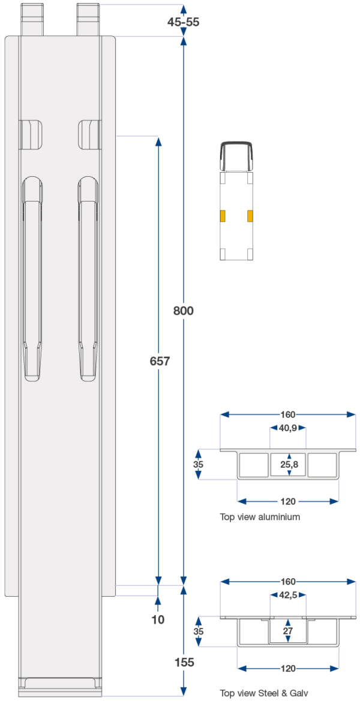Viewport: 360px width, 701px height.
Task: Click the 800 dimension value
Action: click(x=184, y=311)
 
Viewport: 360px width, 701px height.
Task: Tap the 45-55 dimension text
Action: click(x=183, y=22)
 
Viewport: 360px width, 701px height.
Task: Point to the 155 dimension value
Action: click(x=184, y=662)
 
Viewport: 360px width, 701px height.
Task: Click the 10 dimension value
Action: click(x=158, y=619)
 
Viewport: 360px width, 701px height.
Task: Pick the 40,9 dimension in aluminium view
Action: click(x=288, y=428)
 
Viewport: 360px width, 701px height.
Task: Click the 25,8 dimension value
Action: click(x=289, y=464)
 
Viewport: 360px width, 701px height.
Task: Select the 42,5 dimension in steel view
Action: click(x=288, y=595)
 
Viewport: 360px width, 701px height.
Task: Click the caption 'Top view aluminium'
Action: click(x=260, y=516)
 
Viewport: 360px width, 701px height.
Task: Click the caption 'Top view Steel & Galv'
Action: click(x=264, y=693)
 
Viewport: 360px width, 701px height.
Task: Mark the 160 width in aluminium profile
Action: click(x=288, y=414)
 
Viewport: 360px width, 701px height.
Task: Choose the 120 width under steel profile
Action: click(x=288, y=668)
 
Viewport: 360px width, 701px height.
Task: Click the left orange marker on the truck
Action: click(x=222, y=216)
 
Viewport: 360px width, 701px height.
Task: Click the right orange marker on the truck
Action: click(x=250, y=216)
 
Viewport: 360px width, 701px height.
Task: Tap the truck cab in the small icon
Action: click(x=236, y=157)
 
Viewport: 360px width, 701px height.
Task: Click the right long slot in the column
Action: click(x=88, y=279)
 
